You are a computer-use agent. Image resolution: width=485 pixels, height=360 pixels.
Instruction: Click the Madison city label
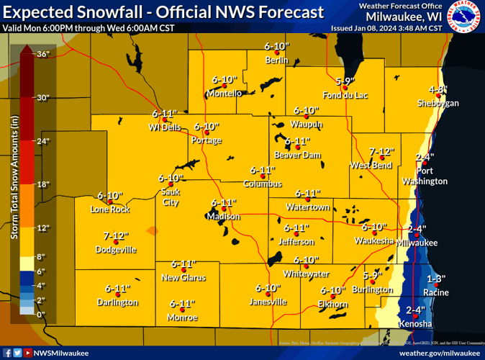pos(223,216)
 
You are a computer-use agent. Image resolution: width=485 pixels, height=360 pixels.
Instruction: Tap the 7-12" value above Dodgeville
pos(115,235)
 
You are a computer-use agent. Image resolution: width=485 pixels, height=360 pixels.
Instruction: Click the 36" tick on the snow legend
pos(42,54)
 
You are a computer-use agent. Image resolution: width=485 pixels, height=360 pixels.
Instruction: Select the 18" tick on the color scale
pos(42,184)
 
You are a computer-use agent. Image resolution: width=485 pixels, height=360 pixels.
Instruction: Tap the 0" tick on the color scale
pos(40,315)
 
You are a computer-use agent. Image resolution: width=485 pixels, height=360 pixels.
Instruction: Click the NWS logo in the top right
pos(464,17)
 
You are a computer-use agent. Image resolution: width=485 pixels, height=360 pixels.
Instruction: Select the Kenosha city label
pos(416,324)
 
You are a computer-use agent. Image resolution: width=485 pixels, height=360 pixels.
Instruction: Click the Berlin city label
pos(276,60)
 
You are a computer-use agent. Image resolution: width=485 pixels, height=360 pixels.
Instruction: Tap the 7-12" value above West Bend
pos(381,151)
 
